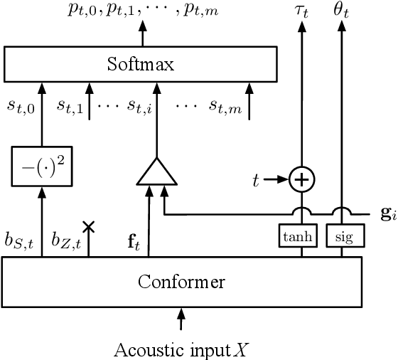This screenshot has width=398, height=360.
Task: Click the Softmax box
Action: point(140,65)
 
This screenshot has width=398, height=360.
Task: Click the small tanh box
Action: point(301,238)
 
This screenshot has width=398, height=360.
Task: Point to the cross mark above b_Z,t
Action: point(90,227)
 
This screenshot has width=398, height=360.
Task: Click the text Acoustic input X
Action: point(183,349)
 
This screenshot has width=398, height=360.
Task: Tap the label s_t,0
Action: point(21,107)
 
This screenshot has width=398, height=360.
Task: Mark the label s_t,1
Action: point(72,107)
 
